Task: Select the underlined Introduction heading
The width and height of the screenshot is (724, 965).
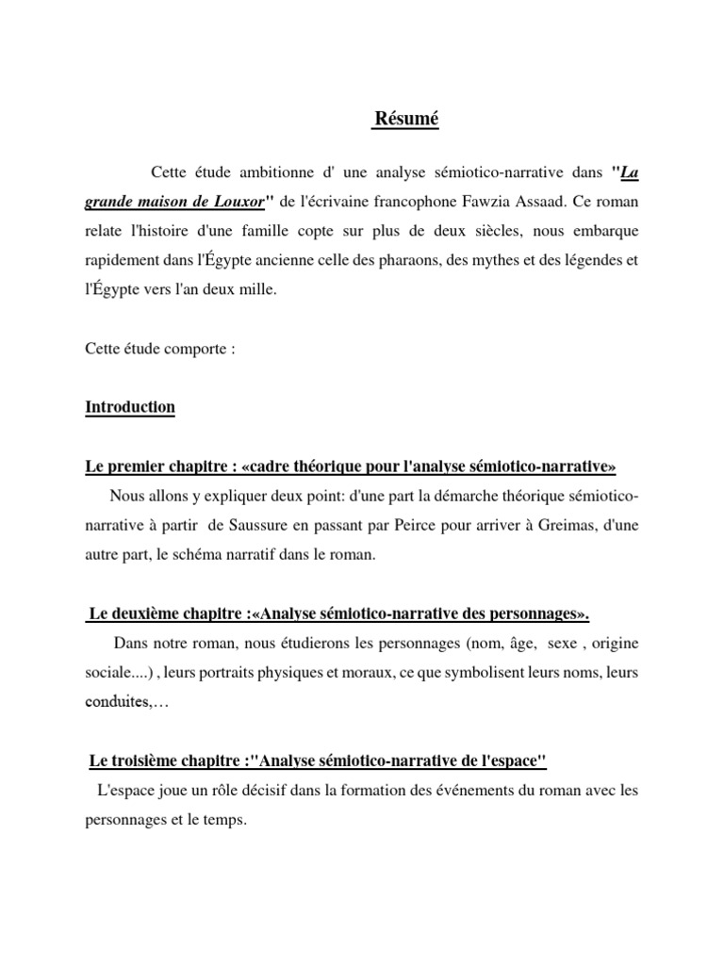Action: [x=130, y=407]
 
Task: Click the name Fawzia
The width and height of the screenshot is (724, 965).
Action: [x=495, y=204]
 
